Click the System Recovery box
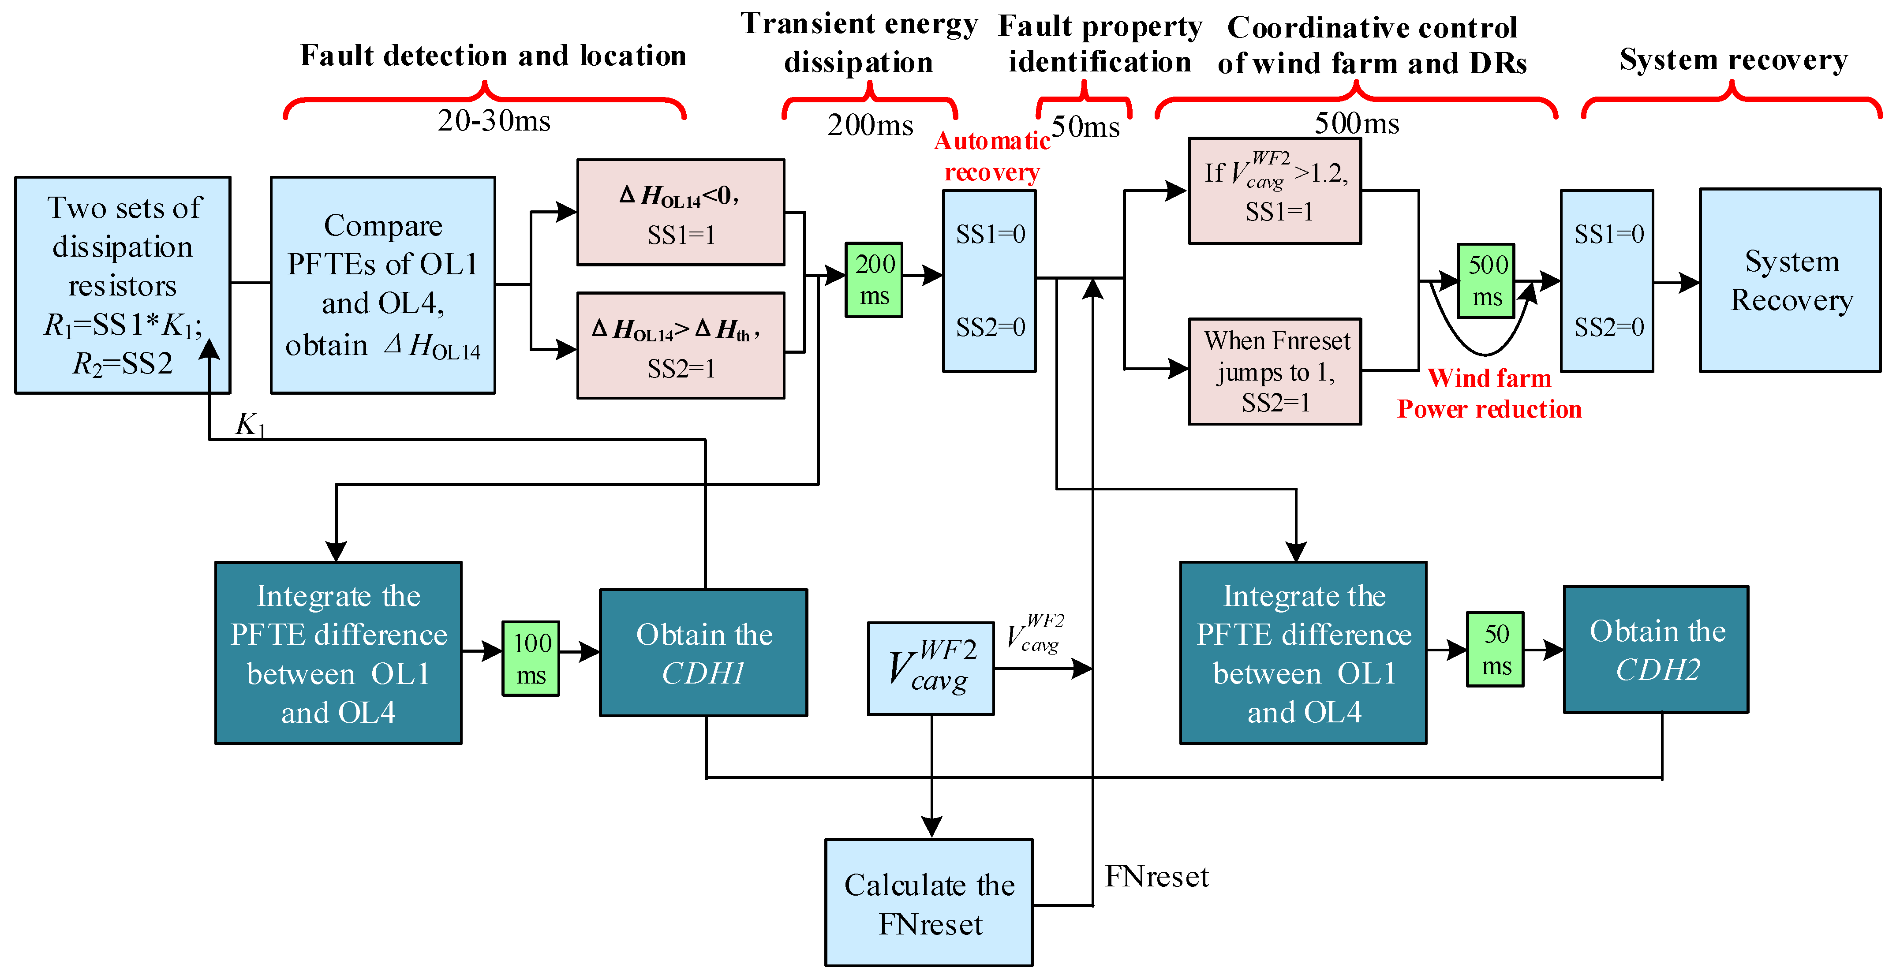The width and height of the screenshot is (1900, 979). tap(1790, 280)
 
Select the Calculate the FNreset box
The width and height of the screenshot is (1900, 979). tap(929, 902)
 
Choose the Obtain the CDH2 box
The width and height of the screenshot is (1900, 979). tap(1656, 649)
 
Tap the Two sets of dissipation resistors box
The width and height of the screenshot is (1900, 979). tap(123, 285)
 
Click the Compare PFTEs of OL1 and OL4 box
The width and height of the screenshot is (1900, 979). tap(383, 285)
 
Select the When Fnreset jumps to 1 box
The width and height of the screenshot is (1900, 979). tap(1275, 371)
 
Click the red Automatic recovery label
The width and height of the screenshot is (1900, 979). tap(991, 157)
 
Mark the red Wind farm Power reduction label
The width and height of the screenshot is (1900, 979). tap(1489, 393)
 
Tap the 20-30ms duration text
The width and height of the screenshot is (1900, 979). tap(494, 121)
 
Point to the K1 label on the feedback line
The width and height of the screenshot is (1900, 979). tap(249, 424)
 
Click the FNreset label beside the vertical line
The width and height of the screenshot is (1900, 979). tap(1156, 876)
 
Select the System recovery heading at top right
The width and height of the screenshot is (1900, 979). tap(1733, 59)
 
